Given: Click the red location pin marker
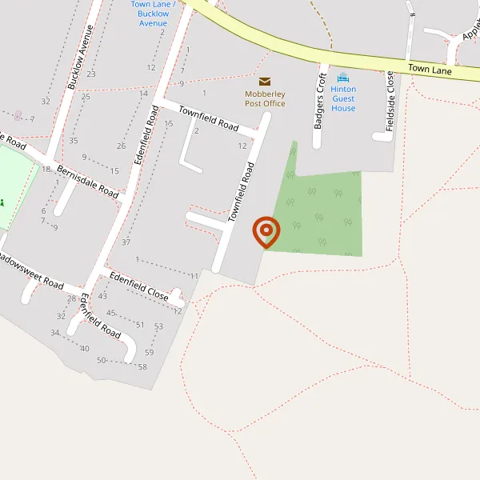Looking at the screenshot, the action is pos(266,232).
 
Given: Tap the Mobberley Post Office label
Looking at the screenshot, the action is pos(265,98).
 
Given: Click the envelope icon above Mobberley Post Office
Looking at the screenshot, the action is pos(265,81).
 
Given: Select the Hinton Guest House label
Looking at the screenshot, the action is pos(343,98).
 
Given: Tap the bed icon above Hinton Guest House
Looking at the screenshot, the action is pos(343,78).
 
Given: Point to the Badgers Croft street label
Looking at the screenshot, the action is pos(320,101).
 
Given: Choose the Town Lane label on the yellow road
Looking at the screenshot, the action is pos(430,70).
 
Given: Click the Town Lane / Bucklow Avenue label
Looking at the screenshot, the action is pos(154,14).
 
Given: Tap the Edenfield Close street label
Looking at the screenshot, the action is pos(139,286).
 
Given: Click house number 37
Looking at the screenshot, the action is pos(126,242).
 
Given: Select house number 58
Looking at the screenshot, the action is pos(142,366).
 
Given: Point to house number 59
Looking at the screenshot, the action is pos(150,353).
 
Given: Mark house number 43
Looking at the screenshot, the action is pos(102,296).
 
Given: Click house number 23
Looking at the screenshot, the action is pos(91,74).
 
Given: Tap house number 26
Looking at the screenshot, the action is pos(121,146).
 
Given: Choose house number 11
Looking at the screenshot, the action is pos(194,276).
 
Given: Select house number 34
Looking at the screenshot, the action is pos(55,333).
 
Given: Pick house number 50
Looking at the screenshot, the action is pos(102,361).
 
